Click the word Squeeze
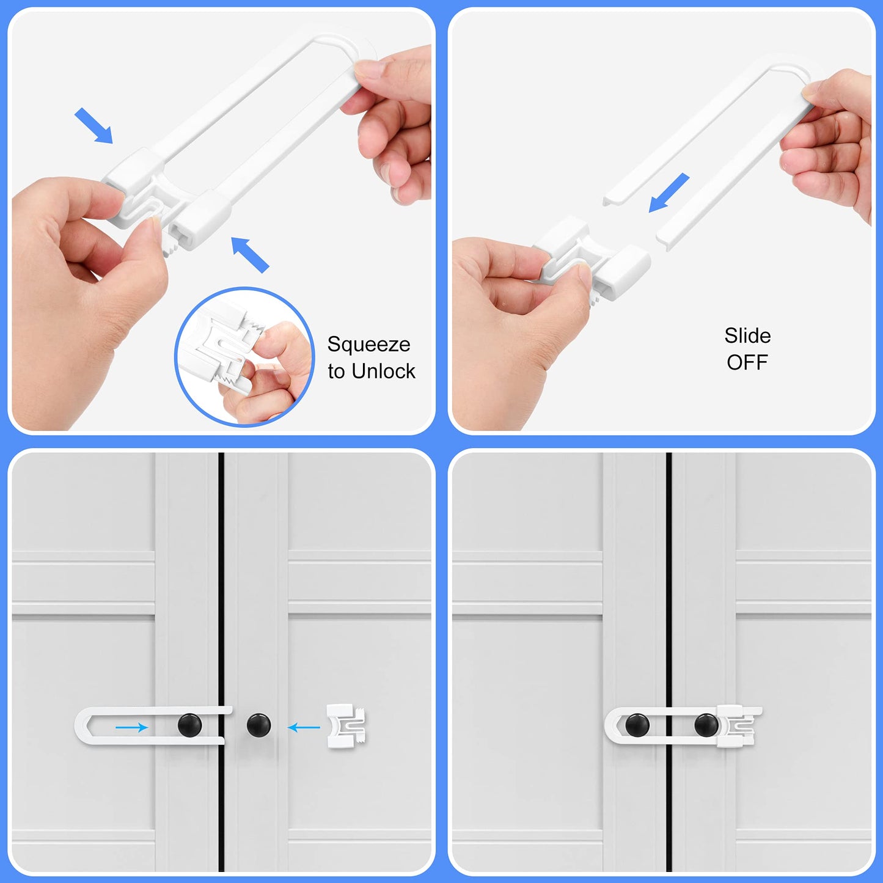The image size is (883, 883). point(368,345)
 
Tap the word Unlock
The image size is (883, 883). point(384,371)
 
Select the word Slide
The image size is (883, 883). point(747,335)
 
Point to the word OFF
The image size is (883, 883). point(747,362)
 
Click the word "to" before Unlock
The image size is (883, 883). point(336,372)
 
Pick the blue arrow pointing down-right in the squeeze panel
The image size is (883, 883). point(94,126)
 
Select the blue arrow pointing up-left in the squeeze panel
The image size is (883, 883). point(250,254)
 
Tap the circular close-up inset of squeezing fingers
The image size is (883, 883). point(244,356)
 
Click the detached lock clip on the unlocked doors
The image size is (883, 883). point(345,725)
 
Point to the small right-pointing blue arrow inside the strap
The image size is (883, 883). point(132,727)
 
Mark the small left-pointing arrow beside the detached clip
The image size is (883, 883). point(304,727)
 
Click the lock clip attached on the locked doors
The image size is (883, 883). point(738,726)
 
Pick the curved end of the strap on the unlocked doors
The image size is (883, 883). point(82,725)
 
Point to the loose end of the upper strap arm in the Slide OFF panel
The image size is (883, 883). point(611,199)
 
